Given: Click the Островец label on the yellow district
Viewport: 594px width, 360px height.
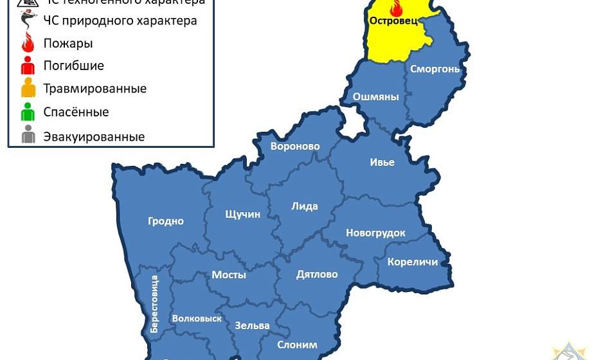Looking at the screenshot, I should pos(393,21).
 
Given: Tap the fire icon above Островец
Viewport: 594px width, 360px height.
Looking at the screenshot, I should pos(395,8).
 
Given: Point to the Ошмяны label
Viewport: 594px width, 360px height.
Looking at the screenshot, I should pos(376,97).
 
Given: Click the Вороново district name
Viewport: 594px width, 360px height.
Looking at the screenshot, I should pos(295,147).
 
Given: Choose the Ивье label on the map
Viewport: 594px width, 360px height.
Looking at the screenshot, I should pos(382,162).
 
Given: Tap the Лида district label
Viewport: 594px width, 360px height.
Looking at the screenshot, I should pos(305,206).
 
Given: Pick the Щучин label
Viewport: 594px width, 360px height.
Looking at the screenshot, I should pos(243,214).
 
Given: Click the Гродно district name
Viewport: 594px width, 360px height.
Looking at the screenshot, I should pos(166,221).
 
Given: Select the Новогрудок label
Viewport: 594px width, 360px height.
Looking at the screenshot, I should pos(375,233).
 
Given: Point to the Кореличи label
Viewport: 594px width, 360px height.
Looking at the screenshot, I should pos(413,262).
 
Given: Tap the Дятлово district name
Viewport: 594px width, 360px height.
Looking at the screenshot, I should pos(317,274).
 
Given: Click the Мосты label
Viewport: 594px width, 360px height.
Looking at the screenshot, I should pos(229,274).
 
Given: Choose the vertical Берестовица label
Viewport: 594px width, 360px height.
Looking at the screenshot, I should pos(154,303).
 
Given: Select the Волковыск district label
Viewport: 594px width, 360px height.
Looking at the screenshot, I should pos(197,318).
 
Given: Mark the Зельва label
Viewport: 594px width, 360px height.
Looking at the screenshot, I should pos(252,325).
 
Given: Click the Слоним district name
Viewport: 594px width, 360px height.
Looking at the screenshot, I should pos(297,345).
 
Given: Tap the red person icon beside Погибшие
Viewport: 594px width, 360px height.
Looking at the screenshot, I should pos(28,66).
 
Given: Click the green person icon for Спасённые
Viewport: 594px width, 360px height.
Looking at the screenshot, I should pos(28,113).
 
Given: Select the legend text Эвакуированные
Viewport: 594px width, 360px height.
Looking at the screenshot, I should pos(94,137).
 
